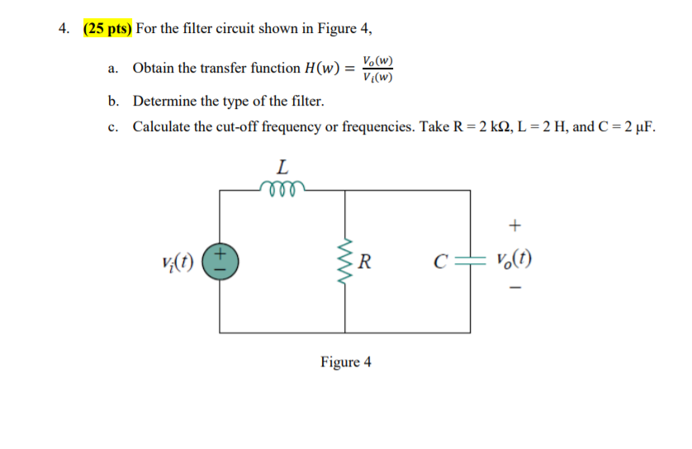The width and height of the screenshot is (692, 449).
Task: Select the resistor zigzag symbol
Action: (x=346, y=261)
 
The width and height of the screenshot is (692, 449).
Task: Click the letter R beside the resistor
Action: (x=366, y=263)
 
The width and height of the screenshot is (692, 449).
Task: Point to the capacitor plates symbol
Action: (x=471, y=262)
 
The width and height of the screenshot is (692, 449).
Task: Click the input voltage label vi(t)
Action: (x=181, y=262)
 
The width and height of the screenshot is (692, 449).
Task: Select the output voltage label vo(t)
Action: (x=514, y=262)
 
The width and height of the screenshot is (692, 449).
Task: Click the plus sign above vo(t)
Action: (x=516, y=224)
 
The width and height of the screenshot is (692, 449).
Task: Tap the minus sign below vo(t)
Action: (x=516, y=290)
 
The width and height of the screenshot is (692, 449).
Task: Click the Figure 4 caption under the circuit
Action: (x=346, y=362)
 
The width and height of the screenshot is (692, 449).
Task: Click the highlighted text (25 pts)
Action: (x=107, y=30)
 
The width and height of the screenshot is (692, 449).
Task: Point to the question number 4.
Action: (x=63, y=30)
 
